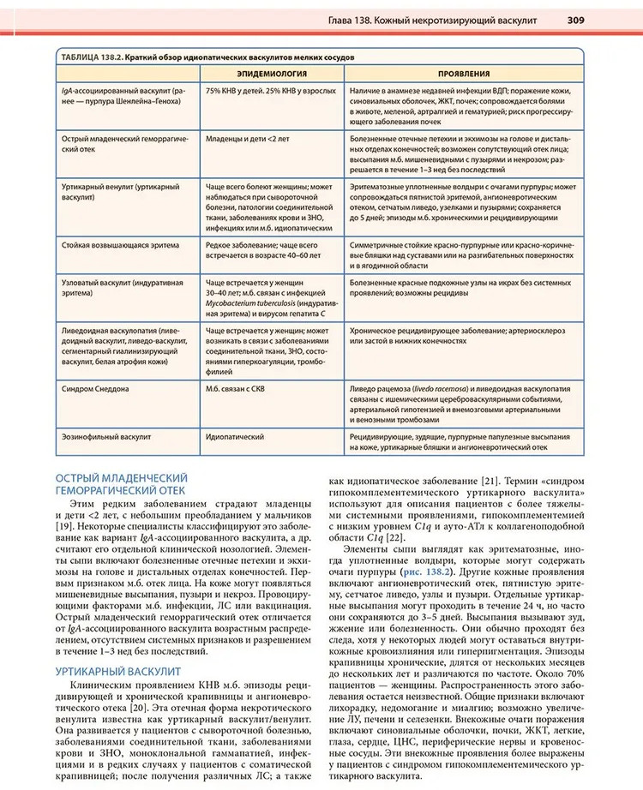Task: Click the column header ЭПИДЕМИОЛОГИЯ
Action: tap(273, 75)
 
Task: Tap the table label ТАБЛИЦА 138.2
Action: tap(90, 57)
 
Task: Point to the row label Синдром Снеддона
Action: tap(95, 389)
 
